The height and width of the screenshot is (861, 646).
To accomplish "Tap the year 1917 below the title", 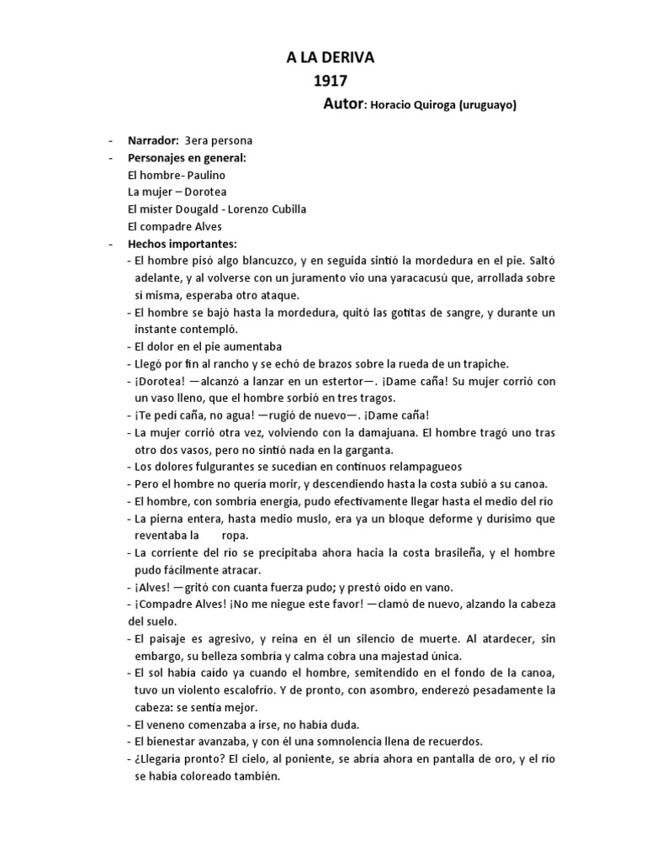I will (330, 82).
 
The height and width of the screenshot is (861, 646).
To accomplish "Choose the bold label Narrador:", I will (153, 141).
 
